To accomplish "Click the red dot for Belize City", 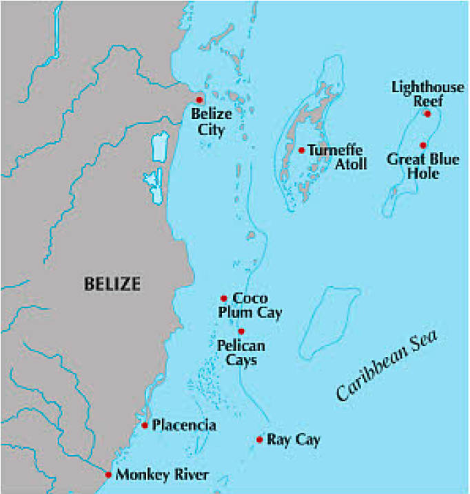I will click(200, 100).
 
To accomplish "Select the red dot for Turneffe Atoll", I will click(301, 149).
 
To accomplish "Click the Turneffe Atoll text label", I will click(336, 157).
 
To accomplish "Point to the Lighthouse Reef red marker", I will click(427, 114).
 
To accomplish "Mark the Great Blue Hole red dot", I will click(423, 144).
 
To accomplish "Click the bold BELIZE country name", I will click(112, 283).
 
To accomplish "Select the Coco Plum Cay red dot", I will click(223, 298).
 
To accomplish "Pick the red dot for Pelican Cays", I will click(241, 332).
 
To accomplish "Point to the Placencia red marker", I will click(145, 425).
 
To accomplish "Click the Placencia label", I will click(184, 426).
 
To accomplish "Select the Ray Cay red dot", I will click(259, 440).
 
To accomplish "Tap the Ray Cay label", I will click(294, 440).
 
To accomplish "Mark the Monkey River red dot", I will click(108, 474).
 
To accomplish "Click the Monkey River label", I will click(162, 474).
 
